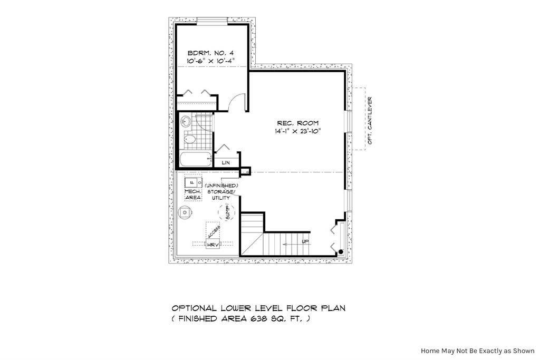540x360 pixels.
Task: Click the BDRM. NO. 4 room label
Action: click(210, 53)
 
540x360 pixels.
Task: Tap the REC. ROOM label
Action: click(298, 123)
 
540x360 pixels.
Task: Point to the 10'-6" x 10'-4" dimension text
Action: click(210, 61)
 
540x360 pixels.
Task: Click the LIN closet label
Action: click(226, 162)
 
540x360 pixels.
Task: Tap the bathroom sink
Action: click(186, 121)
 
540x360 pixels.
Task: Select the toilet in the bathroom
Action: click(189, 139)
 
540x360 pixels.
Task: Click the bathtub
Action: click(195, 160)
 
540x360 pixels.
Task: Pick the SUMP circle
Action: click(227, 212)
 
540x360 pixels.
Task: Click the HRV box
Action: click(213, 245)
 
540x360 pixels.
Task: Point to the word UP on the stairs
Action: click(305, 241)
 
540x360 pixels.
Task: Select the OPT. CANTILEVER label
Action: click(370, 121)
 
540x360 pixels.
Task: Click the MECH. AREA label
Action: click(193, 194)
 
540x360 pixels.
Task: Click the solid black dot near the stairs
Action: click(341, 252)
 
